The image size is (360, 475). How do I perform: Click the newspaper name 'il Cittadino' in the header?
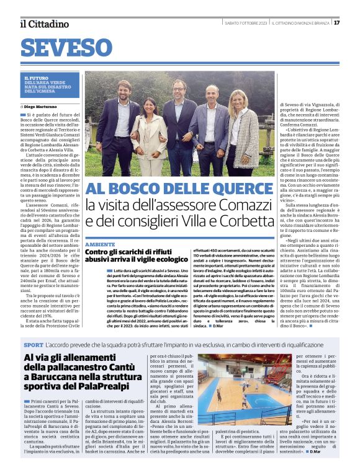tap(45, 24)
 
